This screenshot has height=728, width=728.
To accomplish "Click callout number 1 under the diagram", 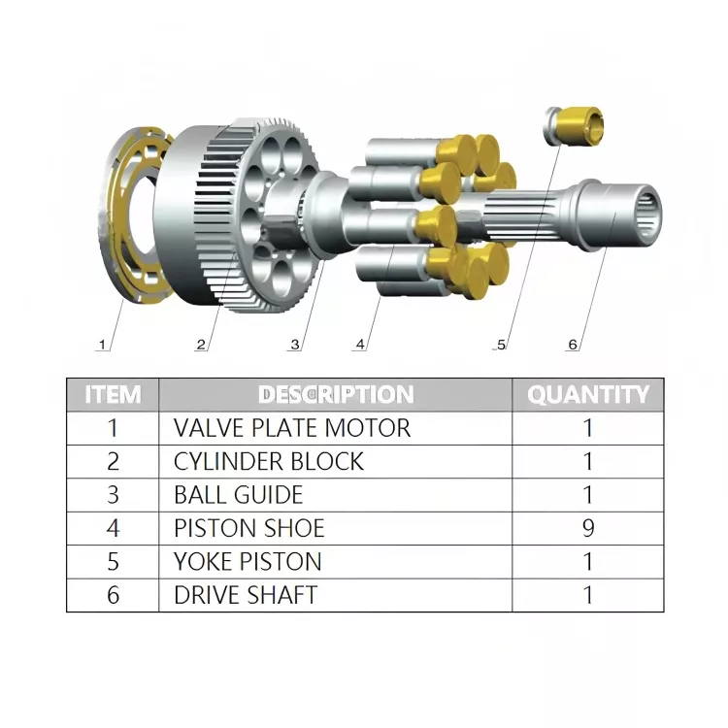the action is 102,345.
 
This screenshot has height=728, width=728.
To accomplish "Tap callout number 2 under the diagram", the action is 201,345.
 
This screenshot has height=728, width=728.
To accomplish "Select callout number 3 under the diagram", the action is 295,345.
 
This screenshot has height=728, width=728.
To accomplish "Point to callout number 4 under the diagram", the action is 360,345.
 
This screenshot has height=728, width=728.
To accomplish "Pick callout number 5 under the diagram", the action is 501,345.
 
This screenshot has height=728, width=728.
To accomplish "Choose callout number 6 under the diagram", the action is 573,345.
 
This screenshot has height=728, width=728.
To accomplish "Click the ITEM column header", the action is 113,395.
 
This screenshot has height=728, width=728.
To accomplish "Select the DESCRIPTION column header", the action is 336,395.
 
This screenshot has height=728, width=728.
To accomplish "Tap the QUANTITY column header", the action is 588,395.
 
